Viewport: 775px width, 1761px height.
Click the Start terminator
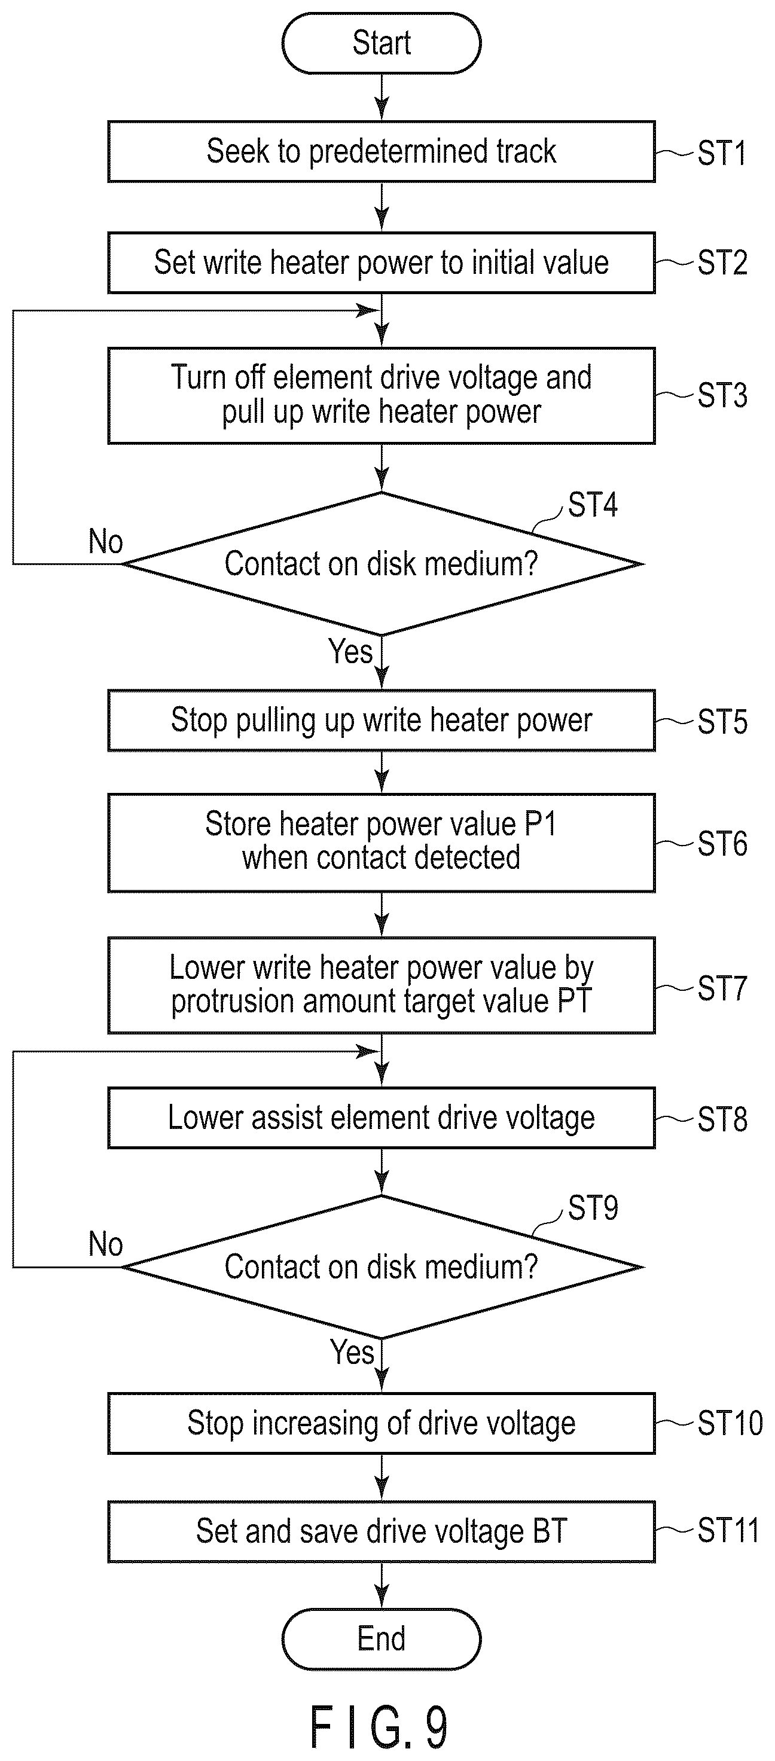(x=382, y=43)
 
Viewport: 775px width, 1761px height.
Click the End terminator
(x=382, y=1638)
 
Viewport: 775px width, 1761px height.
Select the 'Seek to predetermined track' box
(x=382, y=152)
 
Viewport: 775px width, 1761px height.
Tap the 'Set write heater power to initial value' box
(x=382, y=263)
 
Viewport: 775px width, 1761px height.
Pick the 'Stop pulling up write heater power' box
(x=382, y=721)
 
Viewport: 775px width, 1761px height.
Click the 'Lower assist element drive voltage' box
(x=382, y=1118)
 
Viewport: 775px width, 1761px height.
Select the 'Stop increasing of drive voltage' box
(x=382, y=1423)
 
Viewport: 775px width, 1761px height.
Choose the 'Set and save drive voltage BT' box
(x=382, y=1531)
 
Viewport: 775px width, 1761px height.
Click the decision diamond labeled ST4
(x=382, y=564)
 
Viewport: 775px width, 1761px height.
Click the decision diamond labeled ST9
(x=382, y=1266)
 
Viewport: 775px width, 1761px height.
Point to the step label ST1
(x=722, y=153)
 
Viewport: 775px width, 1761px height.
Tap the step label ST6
(x=722, y=844)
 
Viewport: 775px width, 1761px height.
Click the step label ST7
(x=722, y=988)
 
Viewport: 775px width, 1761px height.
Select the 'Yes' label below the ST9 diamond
(x=353, y=1351)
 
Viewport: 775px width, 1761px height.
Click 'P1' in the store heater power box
(x=540, y=824)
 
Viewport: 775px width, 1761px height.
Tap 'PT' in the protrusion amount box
(x=574, y=1002)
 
